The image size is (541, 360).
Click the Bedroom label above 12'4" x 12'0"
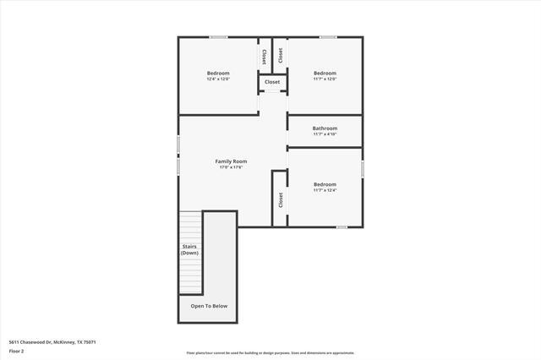pos(218,74)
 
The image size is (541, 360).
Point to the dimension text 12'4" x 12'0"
pos(218,79)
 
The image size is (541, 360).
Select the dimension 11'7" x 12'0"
pos(325,79)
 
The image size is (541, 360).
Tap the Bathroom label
pos(325,128)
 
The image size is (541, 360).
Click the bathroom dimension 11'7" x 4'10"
pos(325,134)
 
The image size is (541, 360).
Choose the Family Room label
pos(231,161)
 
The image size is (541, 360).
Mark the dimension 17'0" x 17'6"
pos(231,167)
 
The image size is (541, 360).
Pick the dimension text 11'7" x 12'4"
pos(325,190)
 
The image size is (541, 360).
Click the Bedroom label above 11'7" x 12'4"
pos(325,184)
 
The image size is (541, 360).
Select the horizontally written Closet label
pos(272,82)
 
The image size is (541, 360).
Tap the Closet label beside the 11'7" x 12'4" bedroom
pos(280,199)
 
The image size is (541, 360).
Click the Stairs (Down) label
pos(189,249)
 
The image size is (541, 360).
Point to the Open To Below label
pos(209,306)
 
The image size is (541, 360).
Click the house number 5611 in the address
pos(16,342)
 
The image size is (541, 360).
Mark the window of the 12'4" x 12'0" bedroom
pos(218,36)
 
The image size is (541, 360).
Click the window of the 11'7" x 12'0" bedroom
pos(327,36)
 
